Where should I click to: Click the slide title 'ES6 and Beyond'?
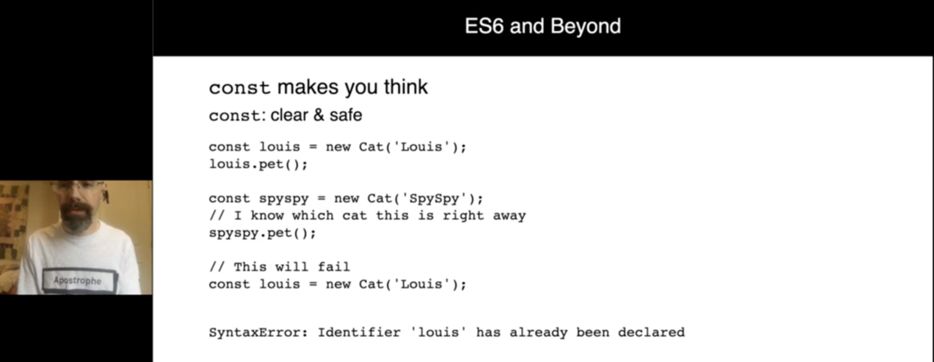tap(542, 26)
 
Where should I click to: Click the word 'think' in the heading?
tap(402, 87)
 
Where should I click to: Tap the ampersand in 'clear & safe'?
tap(318, 115)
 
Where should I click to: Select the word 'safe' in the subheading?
tap(345, 115)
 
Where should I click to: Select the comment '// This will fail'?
tap(279, 267)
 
